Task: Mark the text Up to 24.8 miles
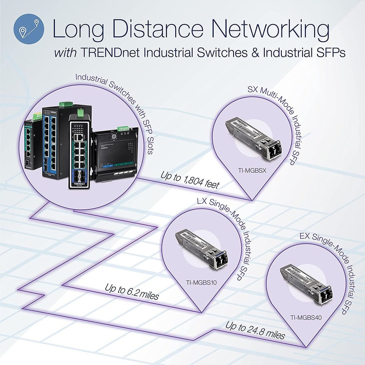[255, 331]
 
